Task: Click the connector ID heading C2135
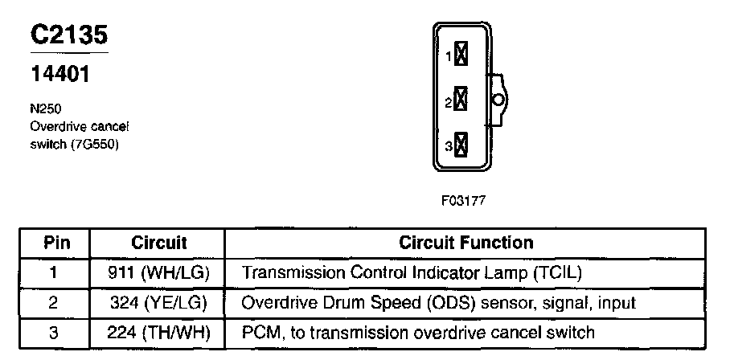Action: (x=68, y=35)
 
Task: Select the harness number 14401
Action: (x=59, y=75)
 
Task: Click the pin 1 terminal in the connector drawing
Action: (x=461, y=55)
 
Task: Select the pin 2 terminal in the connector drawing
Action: (x=461, y=100)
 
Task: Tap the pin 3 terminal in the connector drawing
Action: (x=461, y=145)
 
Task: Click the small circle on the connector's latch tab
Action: (x=498, y=100)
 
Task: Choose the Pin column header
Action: (x=55, y=243)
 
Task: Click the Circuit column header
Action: (x=158, y=243)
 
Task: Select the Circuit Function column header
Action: (x=465, y=243)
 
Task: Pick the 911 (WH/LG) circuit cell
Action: (x=158, y=272)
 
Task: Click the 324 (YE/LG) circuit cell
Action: (x=158, y=302)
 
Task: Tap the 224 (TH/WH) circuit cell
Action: (x=158, y=332)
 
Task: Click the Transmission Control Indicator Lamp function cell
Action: (x=411, y=272)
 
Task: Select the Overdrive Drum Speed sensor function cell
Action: (x=438, y=302)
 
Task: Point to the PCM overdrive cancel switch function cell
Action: (x=418, y=332)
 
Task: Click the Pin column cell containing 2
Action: (x=55, y=302)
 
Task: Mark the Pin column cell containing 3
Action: (x=55, y=332)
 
